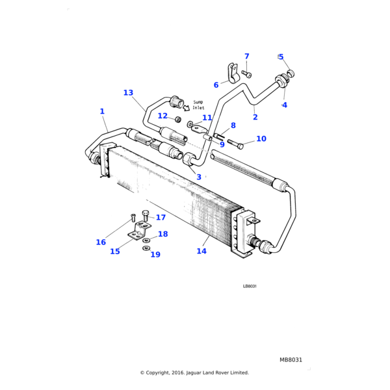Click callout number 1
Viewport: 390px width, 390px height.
click(x=102, y=112)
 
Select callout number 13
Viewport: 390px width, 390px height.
click(x=128, y=93)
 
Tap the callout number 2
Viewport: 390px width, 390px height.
click(x=255, y=118)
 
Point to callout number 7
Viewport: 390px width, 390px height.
click(x=247, y=57)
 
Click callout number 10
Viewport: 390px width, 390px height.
click(x=261, y=139)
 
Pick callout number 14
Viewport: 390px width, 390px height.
click(x=201, y=252)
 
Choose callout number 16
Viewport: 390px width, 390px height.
click(x=101, y=242)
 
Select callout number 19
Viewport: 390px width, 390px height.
click(x=155, y=255)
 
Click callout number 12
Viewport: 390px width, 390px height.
click(x=162, y=116)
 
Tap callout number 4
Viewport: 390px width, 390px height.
click(x=284, y=105)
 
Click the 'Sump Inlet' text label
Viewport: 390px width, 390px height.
click(x=199, y=105)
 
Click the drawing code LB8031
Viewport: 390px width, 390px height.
click(x=250, y=286)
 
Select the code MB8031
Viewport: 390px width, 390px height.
click(x=291, y=359)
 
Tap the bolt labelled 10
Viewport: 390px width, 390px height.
click(x=236, y=144)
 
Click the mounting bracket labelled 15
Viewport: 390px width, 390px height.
click(x=138, y=233)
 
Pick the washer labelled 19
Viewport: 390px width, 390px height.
click(x=146, y=248)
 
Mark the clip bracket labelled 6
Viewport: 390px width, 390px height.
click(x=229, y=73)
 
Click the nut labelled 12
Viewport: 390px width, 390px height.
click(x=177, y=120)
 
